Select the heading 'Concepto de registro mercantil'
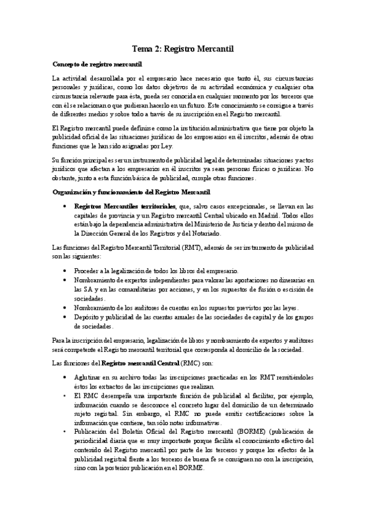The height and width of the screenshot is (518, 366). click(98, 64)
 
